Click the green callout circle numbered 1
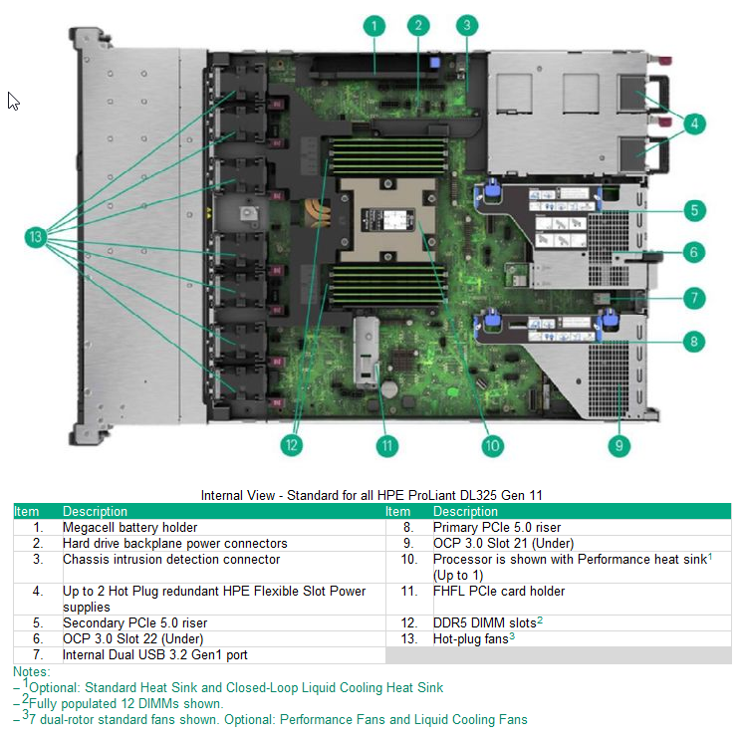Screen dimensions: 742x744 point(373,26)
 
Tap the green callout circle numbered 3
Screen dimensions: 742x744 point(467,26)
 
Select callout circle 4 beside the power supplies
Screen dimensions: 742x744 point(694,124)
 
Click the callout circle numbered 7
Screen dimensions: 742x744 point(694,297)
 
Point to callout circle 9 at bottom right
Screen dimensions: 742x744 point(620,445)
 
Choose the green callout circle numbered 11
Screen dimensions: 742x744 point(385,445)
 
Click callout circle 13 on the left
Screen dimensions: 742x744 point(37,237)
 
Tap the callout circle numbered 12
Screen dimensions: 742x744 point(291,445)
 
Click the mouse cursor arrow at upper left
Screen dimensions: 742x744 point(14,101)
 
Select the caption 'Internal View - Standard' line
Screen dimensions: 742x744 point(372,495)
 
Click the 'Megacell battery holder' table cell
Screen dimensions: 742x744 point(129,527)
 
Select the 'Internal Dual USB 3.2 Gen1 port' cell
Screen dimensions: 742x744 point(154,654)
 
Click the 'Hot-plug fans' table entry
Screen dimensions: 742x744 point(471,638)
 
